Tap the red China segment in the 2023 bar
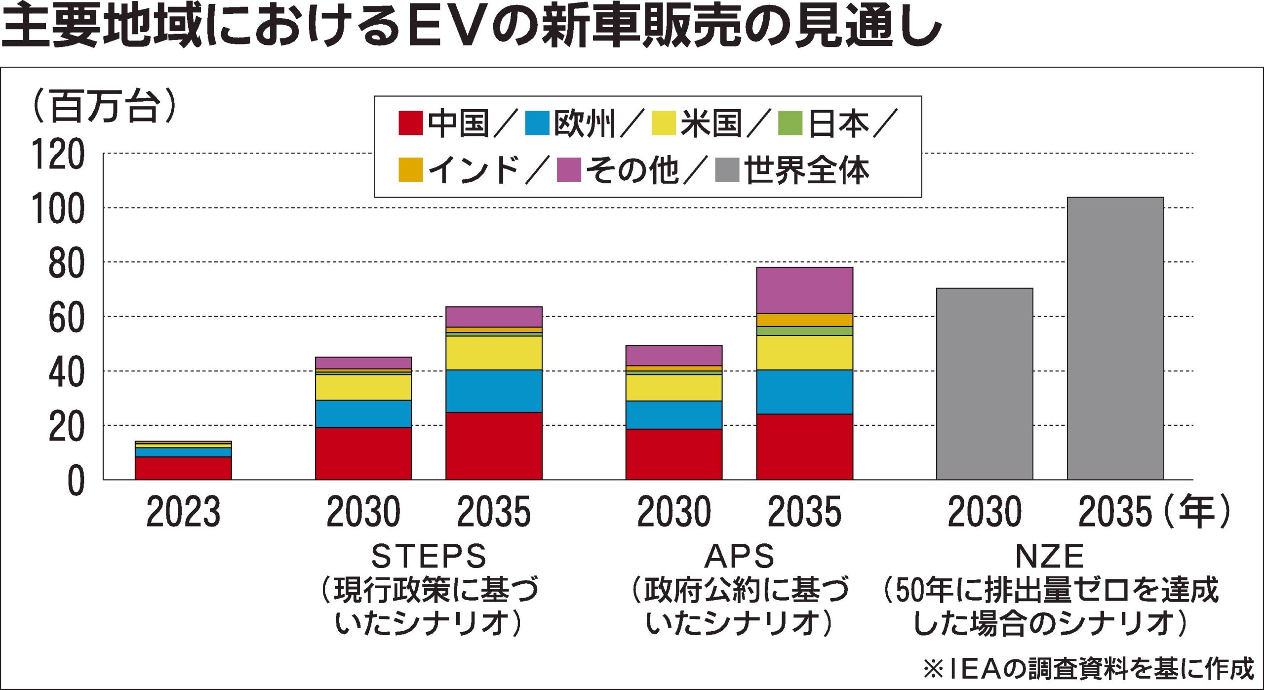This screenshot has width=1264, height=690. coord(183,468)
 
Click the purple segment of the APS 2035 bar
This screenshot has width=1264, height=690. coord(804,290)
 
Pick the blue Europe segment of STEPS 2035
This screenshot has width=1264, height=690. coord(494,391)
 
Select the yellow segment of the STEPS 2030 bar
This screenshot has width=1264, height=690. coord(363,387)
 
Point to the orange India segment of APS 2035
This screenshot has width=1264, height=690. coord(804,320)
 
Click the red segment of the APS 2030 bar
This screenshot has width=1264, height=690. coord(673,454)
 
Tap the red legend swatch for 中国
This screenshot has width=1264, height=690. coord(410,123)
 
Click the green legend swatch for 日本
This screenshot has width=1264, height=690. coord(790,123)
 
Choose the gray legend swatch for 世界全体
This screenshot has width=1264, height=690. coord(727,170)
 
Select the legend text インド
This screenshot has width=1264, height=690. coord(474,170)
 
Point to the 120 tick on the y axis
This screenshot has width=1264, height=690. coord(58,154)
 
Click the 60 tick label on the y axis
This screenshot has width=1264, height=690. coord(66,318)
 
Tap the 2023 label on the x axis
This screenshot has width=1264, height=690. coord(183,512)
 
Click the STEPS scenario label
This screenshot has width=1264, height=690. coord(429,556)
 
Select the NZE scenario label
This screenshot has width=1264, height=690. coord(1049,556)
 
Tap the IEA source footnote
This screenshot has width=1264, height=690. coord(1088,669)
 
